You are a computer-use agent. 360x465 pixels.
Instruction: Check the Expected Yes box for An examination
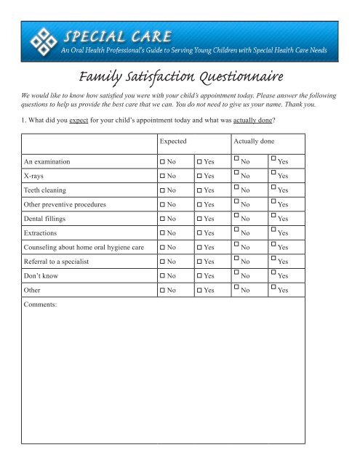199,161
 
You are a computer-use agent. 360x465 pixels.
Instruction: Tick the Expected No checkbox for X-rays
163,177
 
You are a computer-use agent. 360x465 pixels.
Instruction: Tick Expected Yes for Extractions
199,240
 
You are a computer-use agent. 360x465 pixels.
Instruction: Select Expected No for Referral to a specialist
163,272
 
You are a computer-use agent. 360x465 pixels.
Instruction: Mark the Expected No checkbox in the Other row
163,304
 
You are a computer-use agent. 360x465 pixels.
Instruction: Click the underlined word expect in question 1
89,118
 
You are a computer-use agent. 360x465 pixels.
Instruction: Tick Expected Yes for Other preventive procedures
199,209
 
